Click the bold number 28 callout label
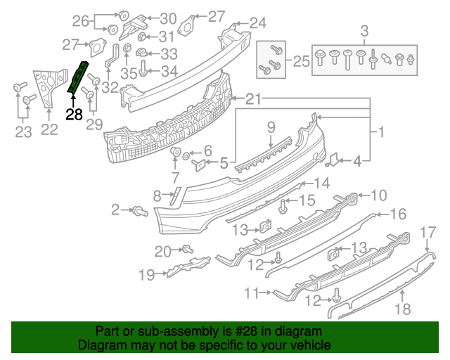click(75, 114)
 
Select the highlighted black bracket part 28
click(78, 77)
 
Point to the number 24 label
click(258, 23)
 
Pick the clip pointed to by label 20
click(188, 248)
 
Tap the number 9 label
click(269, 127)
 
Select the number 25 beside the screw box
click(301, 62)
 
